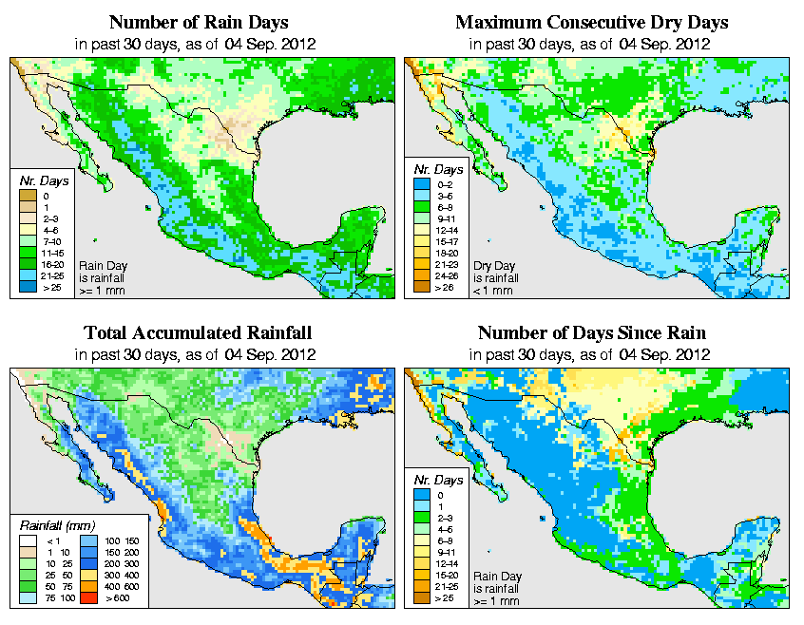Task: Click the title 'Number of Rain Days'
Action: click(198, 22)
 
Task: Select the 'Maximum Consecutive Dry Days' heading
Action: click(591, 22)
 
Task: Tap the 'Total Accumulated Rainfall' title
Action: click(198, 333)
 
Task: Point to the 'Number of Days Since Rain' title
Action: click(591, 333)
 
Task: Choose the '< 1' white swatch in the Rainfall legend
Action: click(29, 540)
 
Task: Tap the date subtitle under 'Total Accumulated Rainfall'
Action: click(197, 354)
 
